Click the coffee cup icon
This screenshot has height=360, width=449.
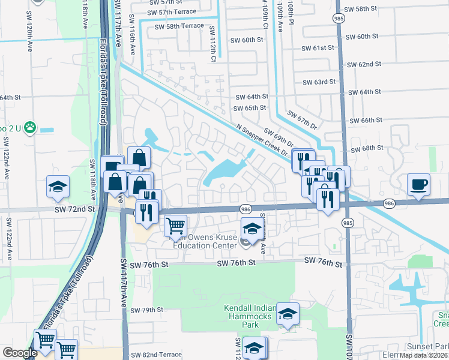418,184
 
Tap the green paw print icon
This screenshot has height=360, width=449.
29,127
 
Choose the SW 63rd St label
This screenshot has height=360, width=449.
319,82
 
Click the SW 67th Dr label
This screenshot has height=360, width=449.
301,119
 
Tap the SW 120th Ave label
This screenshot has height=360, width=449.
28,37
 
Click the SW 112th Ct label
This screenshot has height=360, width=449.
212,45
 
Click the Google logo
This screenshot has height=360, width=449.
20,353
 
